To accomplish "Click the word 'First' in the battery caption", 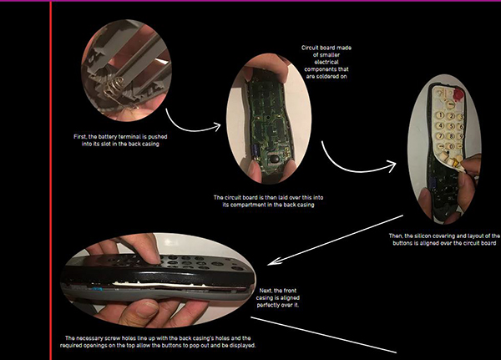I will (81, 136).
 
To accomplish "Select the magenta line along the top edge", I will (250, 2).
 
